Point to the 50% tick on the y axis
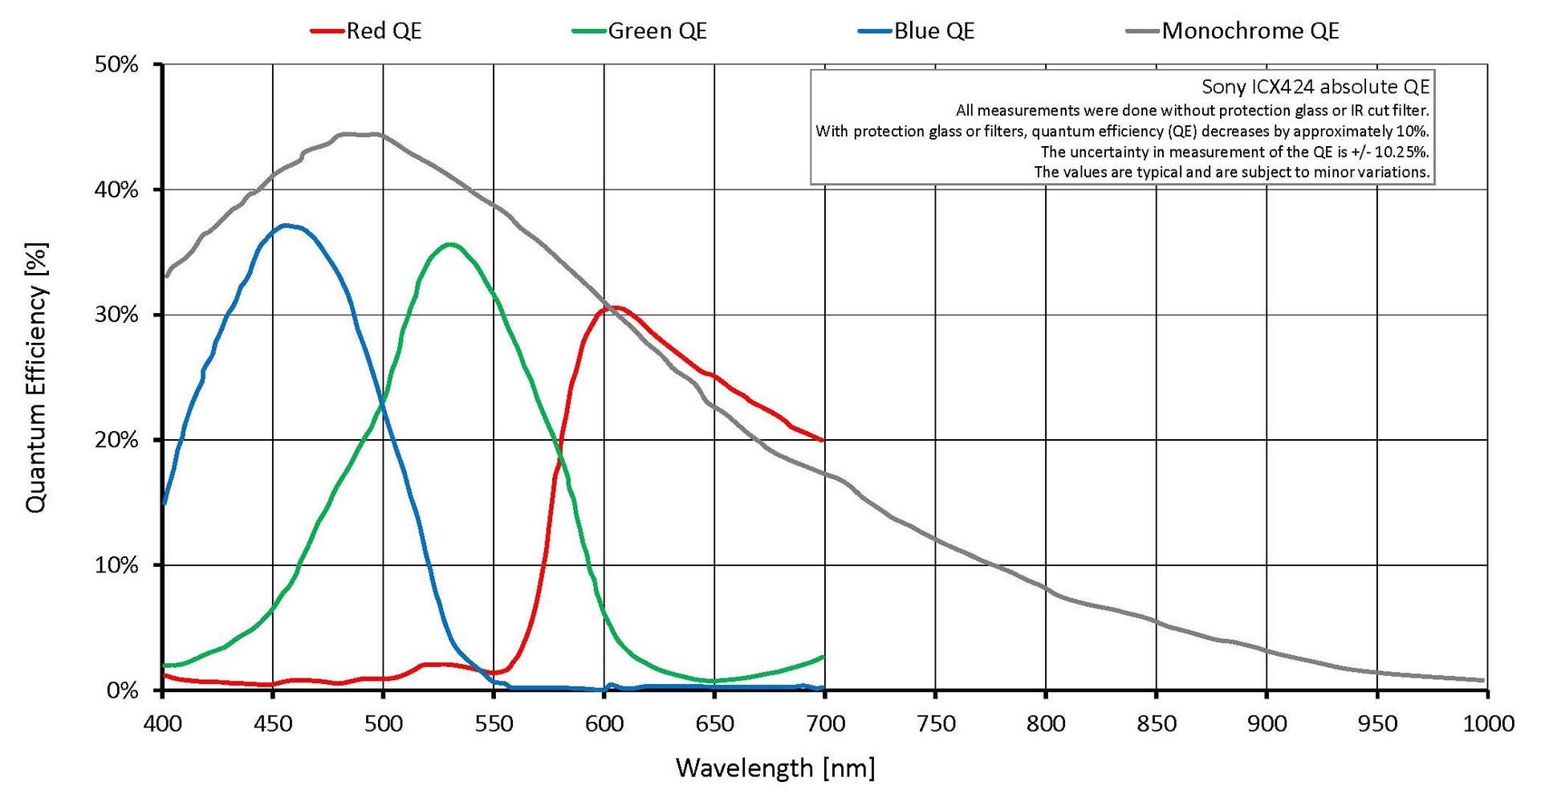[x=116, y=64]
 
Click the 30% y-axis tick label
[x=116, y=315]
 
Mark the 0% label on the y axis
[x=122, y=690]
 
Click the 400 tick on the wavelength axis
[x=162, y=724]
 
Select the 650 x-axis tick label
[x=714, y=724]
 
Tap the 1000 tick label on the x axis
[x=1487, y=724]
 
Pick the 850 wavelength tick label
[x=1156, y=724]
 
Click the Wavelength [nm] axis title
[x=775, y=768]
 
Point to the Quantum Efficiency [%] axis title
[x=36, y=377]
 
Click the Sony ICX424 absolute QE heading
[x=1315, y=87]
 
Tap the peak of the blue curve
[x=286, y=226]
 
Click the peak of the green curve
[x=449, y=244]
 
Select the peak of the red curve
[x=618, y=307]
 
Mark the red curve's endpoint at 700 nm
[x=823, y=440]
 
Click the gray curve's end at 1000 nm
[x=1482, y=680]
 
